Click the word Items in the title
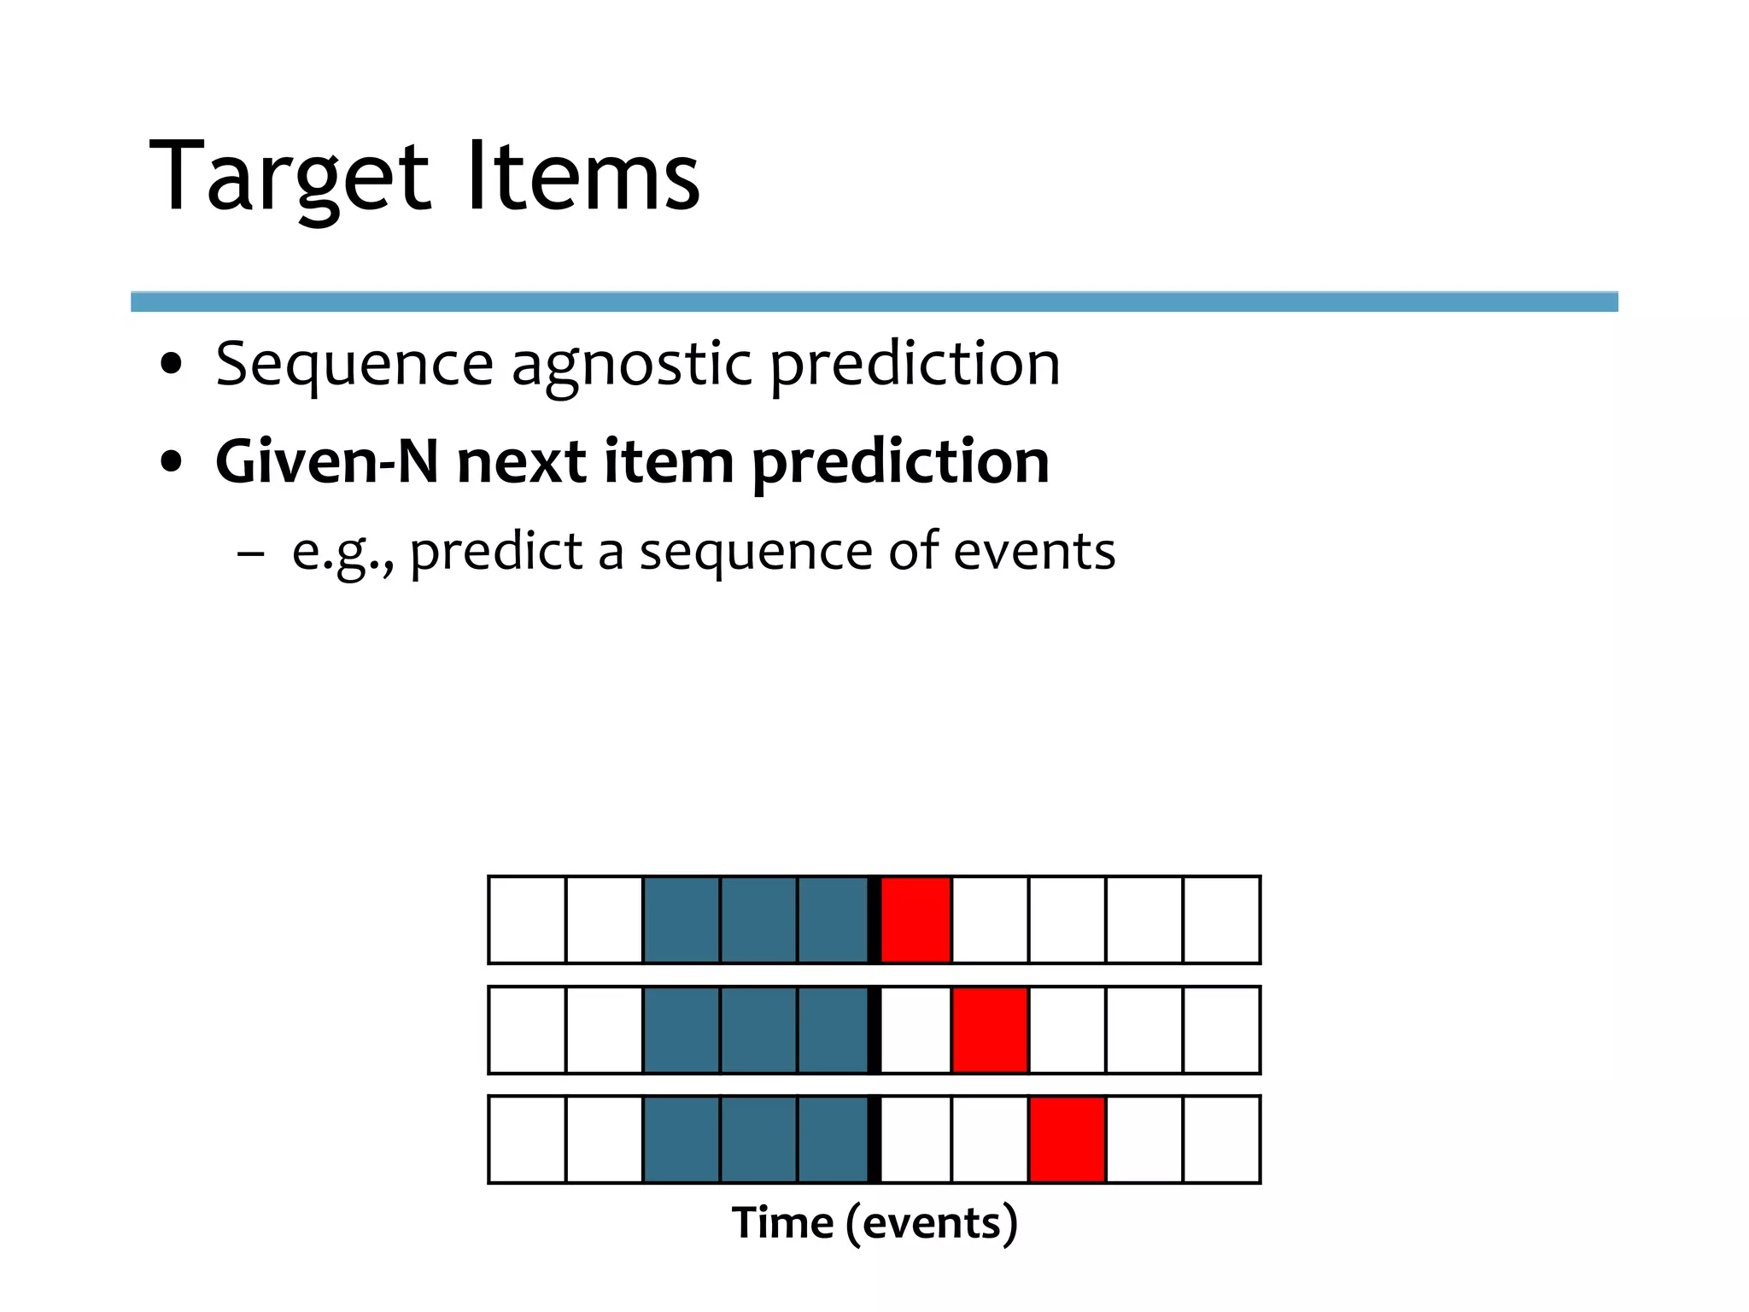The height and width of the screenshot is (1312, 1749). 583,177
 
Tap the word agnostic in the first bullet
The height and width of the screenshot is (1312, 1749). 631,366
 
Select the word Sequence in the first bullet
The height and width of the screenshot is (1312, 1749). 354,366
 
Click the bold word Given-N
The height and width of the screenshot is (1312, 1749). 327,462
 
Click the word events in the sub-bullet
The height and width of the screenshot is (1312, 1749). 1033,551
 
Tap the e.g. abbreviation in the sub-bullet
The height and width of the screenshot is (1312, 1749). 342,553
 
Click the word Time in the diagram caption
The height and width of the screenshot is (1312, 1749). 782,1222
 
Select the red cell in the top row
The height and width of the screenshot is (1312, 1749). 915,920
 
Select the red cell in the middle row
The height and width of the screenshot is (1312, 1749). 990,1030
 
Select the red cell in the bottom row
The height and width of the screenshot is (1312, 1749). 1067,1139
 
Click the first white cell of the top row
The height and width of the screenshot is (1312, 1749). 527,920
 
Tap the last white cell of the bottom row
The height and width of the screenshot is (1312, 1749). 1221,1139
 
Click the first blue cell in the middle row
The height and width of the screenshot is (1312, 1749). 681,1030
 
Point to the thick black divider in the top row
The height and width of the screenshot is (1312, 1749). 874,920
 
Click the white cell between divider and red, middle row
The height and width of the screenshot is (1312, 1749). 915,1030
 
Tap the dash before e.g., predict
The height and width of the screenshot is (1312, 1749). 250,553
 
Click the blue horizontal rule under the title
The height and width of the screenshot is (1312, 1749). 874,302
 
